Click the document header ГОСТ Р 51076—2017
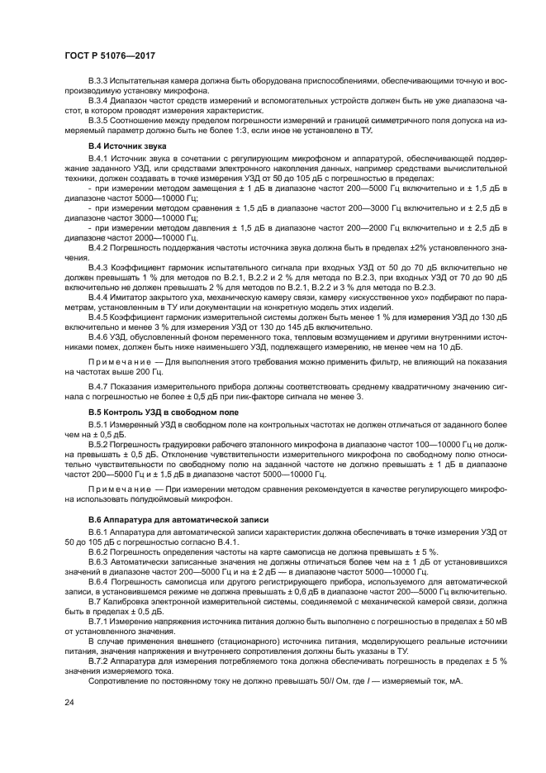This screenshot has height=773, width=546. click(109, 55)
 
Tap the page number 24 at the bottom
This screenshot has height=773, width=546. click(69, 701)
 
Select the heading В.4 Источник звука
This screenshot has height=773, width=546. click(121, 146)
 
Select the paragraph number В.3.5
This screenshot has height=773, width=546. click(100, 121)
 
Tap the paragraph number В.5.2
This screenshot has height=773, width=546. click(100, 444)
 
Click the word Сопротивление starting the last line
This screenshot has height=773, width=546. click(116, 680)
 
